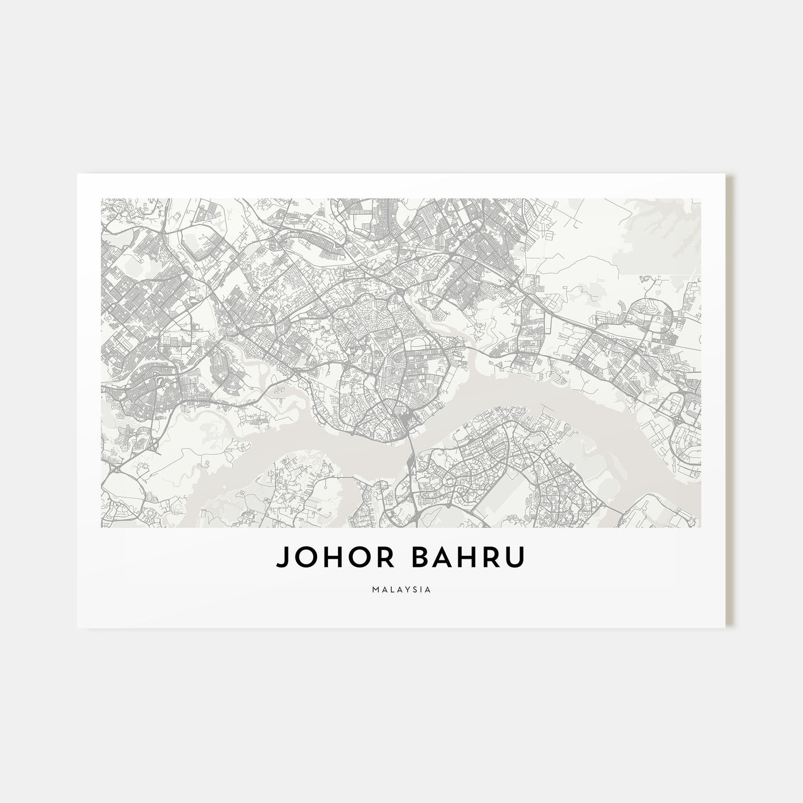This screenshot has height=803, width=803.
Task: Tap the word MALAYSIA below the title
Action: (401, 589)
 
